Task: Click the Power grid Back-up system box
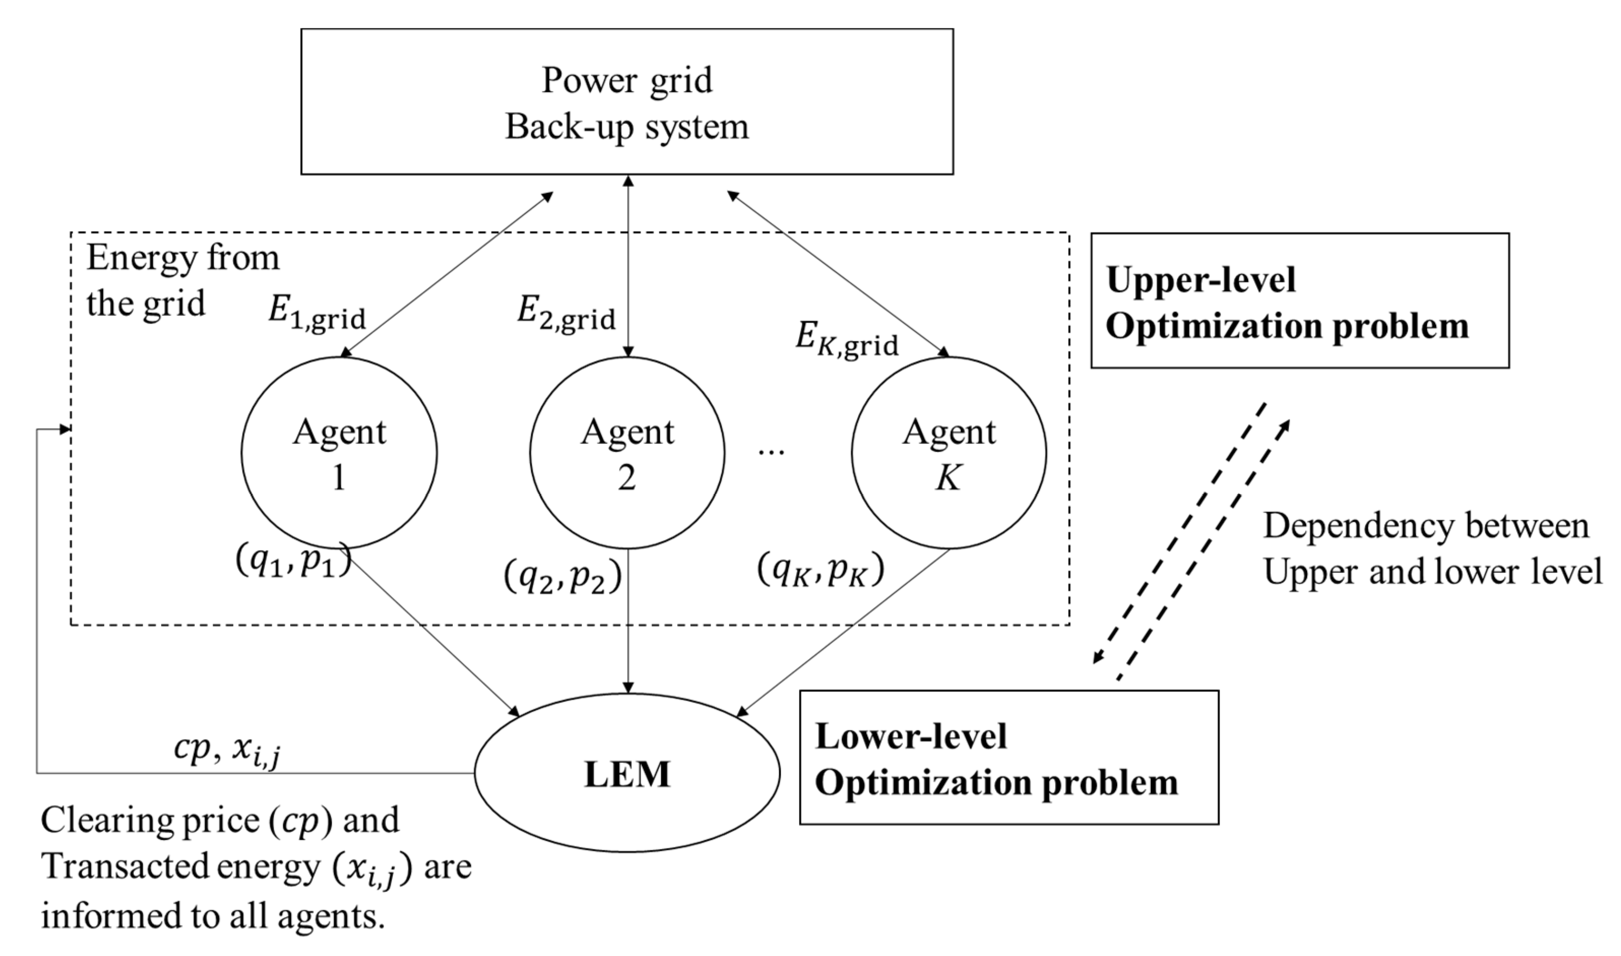coord(627,101)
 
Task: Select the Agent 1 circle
coord(339,453)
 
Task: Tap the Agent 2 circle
coord(627,453)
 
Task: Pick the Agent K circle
coord(948,453)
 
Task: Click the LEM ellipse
coord(627,773)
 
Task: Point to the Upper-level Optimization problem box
coord(1299,301)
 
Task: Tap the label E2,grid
coord(565,315)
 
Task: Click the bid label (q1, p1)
coord(293,562)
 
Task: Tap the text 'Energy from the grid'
coord(182,280)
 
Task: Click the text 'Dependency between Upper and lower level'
coord(1431,548)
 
